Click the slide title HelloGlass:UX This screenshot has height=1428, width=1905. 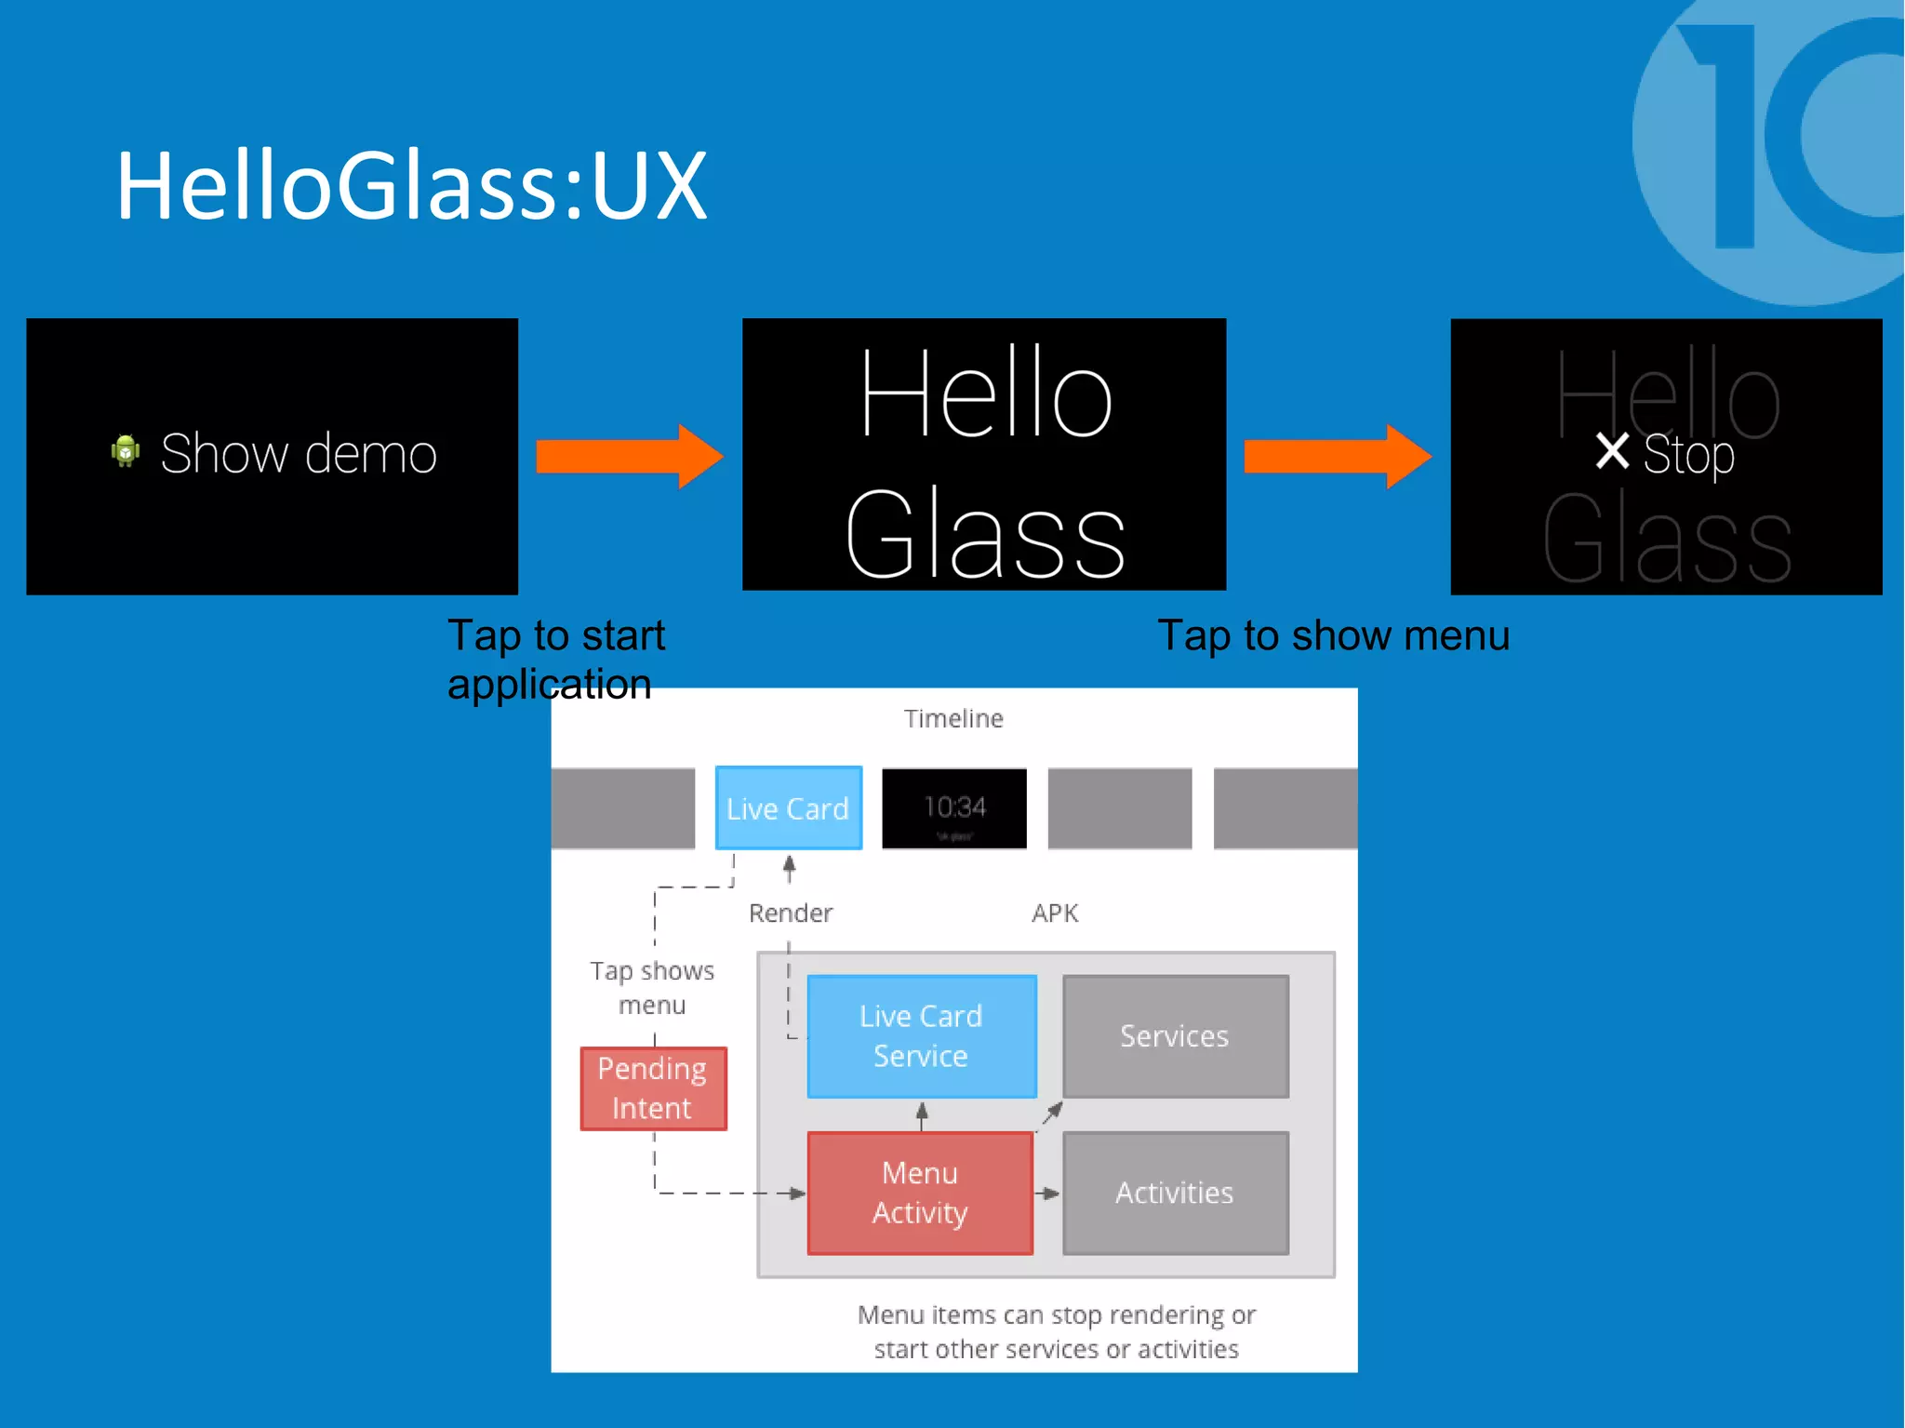coord(411,186)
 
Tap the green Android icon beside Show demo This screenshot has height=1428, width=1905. coord(126,451)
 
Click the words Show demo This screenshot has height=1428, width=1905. coord(298,454)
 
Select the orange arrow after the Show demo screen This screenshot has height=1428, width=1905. coord(629,456)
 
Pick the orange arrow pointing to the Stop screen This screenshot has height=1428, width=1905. coord(1337,456)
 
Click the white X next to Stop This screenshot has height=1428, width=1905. coord(1612,452)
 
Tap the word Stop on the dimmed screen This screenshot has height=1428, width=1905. coord(1688,455)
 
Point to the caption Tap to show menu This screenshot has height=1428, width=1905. coord(1333,636)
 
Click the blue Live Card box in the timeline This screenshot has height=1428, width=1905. coord(788,808)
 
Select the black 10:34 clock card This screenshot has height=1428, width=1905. coord(954,808)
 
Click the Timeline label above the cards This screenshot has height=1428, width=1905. coord(953,719)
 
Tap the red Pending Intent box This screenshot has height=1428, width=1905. coord(653,1088)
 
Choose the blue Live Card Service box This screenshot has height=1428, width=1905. coord(921,1036)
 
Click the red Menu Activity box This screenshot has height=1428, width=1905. coord(920,1193)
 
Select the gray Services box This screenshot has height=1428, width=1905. coord(1175,1036)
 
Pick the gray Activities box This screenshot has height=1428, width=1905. coord(1175,1193)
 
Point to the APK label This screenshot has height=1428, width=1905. coord(1055,914)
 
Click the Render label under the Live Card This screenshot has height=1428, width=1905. coord(791,914)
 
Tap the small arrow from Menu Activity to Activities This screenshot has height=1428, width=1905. coord(1047,1194)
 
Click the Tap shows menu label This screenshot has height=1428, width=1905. coord(652,988)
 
